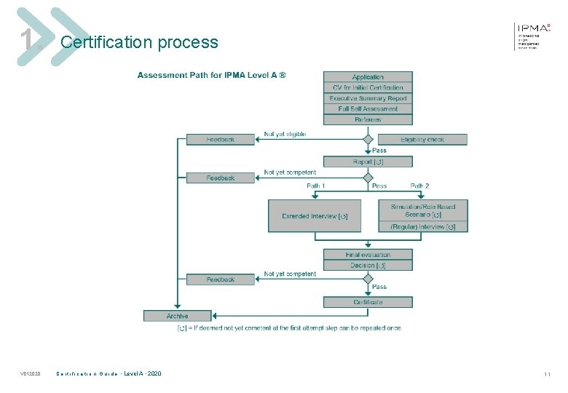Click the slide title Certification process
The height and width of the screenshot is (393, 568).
(139, 42)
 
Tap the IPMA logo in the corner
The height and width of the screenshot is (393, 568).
(532, 34)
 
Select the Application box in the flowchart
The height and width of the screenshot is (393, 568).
(368, 77)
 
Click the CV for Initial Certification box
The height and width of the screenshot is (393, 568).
(368, 87)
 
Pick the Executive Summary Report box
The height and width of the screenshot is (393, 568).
(368, 98)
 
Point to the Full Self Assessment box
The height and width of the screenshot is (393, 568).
(368, 108)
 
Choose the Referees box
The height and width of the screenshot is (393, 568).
(368, 119)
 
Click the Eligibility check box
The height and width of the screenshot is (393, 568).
(422, 139)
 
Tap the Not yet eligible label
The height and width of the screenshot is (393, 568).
(285, 134)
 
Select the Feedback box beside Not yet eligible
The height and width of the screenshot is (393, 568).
(221, 139)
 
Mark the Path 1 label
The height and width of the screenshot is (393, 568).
(315, 186)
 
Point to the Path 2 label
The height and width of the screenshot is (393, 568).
(419, 186)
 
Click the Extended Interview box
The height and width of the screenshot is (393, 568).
(315, 216)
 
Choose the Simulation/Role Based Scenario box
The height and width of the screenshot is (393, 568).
(423, 210)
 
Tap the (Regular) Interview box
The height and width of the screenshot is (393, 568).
(423, 226)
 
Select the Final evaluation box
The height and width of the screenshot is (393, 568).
(368, 255)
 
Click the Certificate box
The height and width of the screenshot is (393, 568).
(368, 302)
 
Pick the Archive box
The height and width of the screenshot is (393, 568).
(177, 316)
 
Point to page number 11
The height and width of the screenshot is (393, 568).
(546, 374)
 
